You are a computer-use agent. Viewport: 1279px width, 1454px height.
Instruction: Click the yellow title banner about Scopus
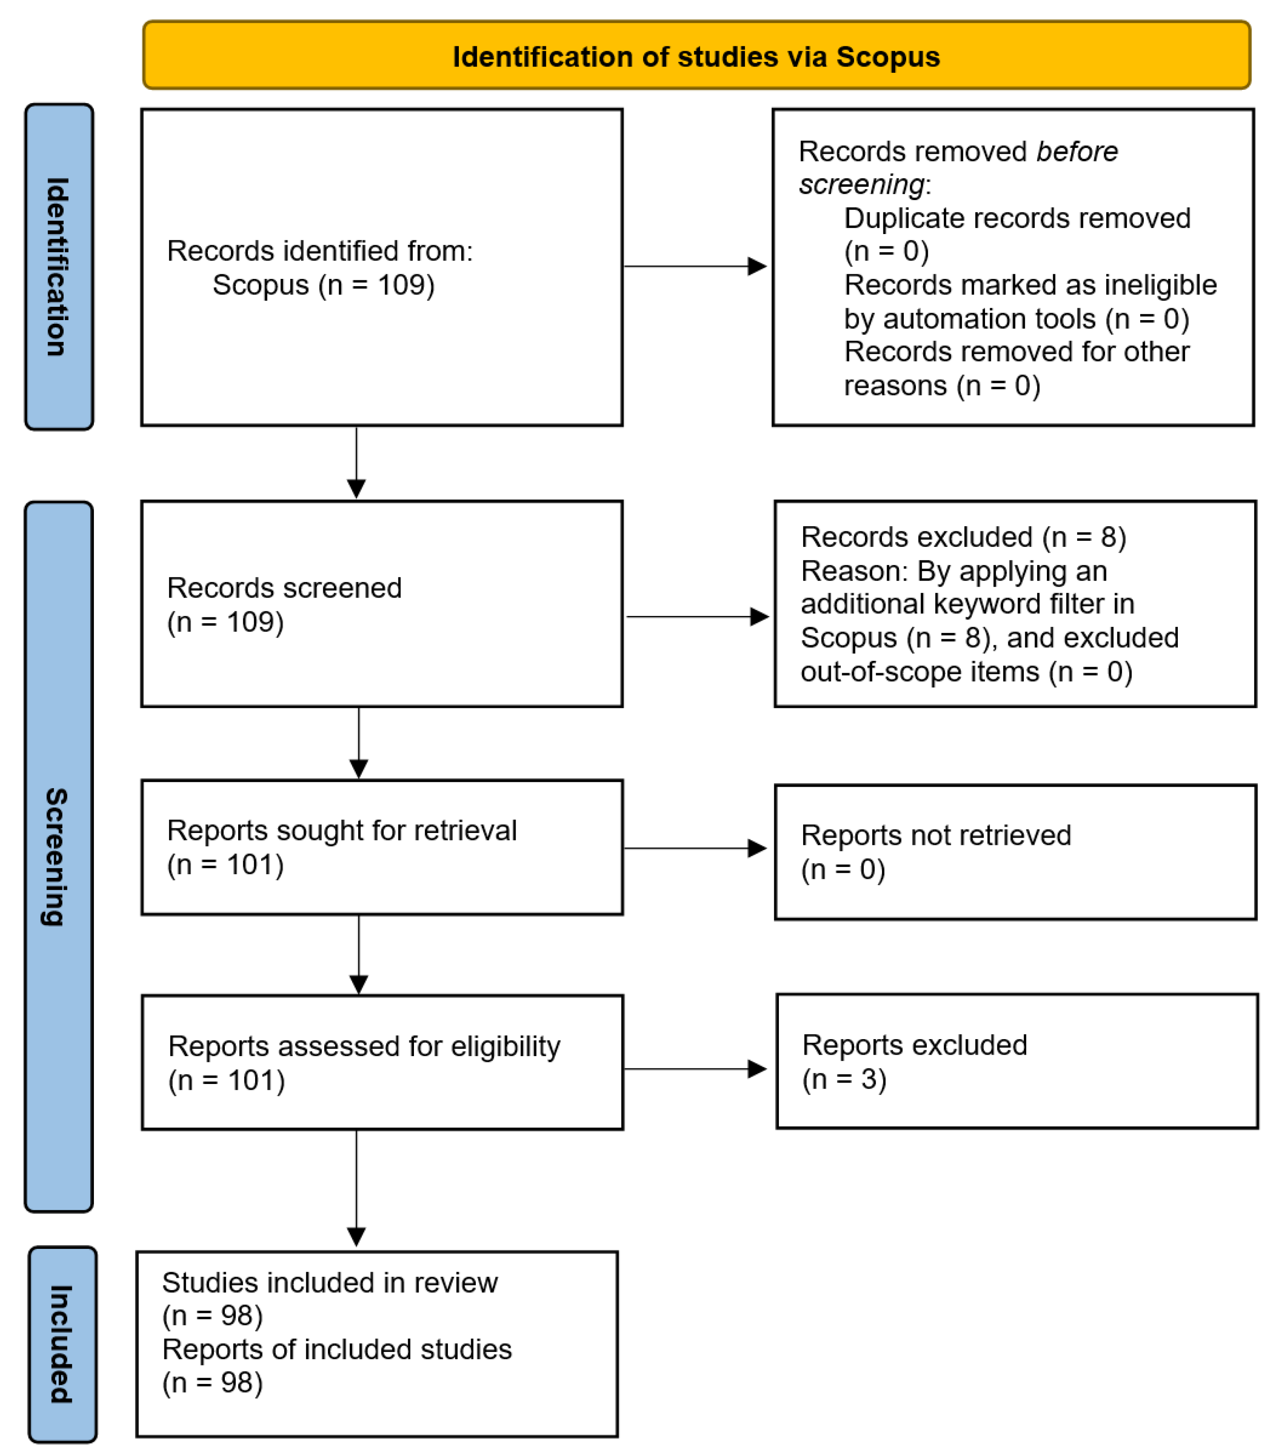pyautogui.click(x=696, y=55)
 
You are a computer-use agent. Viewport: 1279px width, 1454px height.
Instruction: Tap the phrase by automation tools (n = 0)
pyautogui.click(x=1016, y=319)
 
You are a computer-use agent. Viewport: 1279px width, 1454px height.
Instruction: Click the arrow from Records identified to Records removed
pyautogui.click(x=694, y=266)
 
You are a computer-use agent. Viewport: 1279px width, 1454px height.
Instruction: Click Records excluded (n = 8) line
pyautogui.click(x=963, y=537)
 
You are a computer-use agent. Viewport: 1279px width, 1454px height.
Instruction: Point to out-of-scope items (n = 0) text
pyautogui.click(x=966, y=671)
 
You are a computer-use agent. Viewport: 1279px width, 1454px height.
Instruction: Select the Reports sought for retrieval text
pyautogui.click(x=342, y=830)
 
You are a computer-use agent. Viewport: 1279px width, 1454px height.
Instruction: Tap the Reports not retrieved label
pyautogui.click(x=936, y=835)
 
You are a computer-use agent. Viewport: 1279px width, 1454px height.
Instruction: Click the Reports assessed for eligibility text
pyautogui.click(x=364, y=1046)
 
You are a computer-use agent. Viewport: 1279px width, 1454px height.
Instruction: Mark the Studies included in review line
pyautogui.click(x=329, y=1283)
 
